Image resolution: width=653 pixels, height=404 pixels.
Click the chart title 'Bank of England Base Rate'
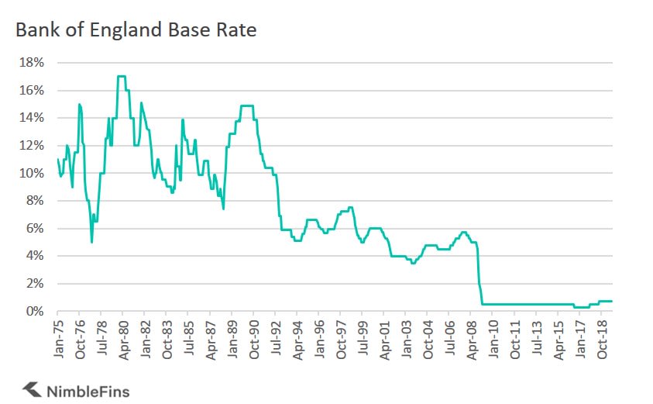tap(135, 31)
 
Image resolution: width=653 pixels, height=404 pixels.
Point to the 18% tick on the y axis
tap(31, 63)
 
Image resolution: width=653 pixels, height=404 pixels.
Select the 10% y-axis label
tap(31, 173)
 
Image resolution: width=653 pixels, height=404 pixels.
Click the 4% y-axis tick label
tap(34, 256)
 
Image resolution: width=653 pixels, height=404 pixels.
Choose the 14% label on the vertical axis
tap(31, 118)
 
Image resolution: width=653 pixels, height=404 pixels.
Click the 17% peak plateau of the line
tap(122, 76)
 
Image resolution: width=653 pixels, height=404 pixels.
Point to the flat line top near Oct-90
tap(247, 105)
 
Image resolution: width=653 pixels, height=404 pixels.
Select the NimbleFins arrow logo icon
tap(32, 388)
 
